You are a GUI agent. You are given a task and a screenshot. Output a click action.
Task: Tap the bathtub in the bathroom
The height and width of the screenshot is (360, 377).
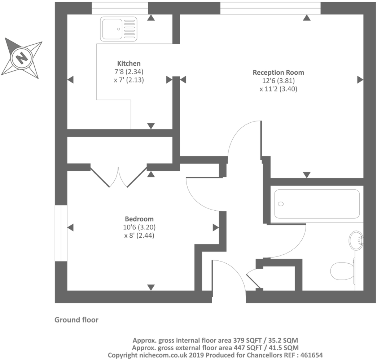click(317, 204)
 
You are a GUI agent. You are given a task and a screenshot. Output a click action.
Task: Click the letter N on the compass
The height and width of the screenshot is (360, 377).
click(22, 57)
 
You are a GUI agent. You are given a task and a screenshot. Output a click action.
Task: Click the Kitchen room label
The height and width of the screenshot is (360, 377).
click(129, 63)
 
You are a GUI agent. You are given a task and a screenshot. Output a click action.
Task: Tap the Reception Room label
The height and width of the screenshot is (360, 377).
click(278, 72)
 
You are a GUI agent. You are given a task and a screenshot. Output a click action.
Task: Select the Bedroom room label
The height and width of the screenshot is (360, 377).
click(139, 219)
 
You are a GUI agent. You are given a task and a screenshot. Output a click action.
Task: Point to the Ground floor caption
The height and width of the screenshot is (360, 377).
click(76, 320)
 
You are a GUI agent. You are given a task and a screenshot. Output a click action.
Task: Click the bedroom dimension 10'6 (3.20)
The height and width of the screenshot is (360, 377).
click(139, 227)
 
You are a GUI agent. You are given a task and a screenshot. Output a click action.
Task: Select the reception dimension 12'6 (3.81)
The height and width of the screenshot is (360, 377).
click(278, 81)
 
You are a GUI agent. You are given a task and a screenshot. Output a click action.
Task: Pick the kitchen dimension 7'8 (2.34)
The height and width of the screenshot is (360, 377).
click(129, 72)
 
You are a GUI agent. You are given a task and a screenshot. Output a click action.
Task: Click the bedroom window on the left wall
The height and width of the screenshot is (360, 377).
click(61, 233)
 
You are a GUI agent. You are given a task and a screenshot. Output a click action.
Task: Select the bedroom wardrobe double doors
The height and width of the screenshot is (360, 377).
click(118, 177)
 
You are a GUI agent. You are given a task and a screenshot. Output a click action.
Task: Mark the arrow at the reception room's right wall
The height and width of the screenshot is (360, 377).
click(360, 80)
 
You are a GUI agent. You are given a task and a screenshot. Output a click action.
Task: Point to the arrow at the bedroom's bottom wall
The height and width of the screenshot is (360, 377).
click(151, 287)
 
